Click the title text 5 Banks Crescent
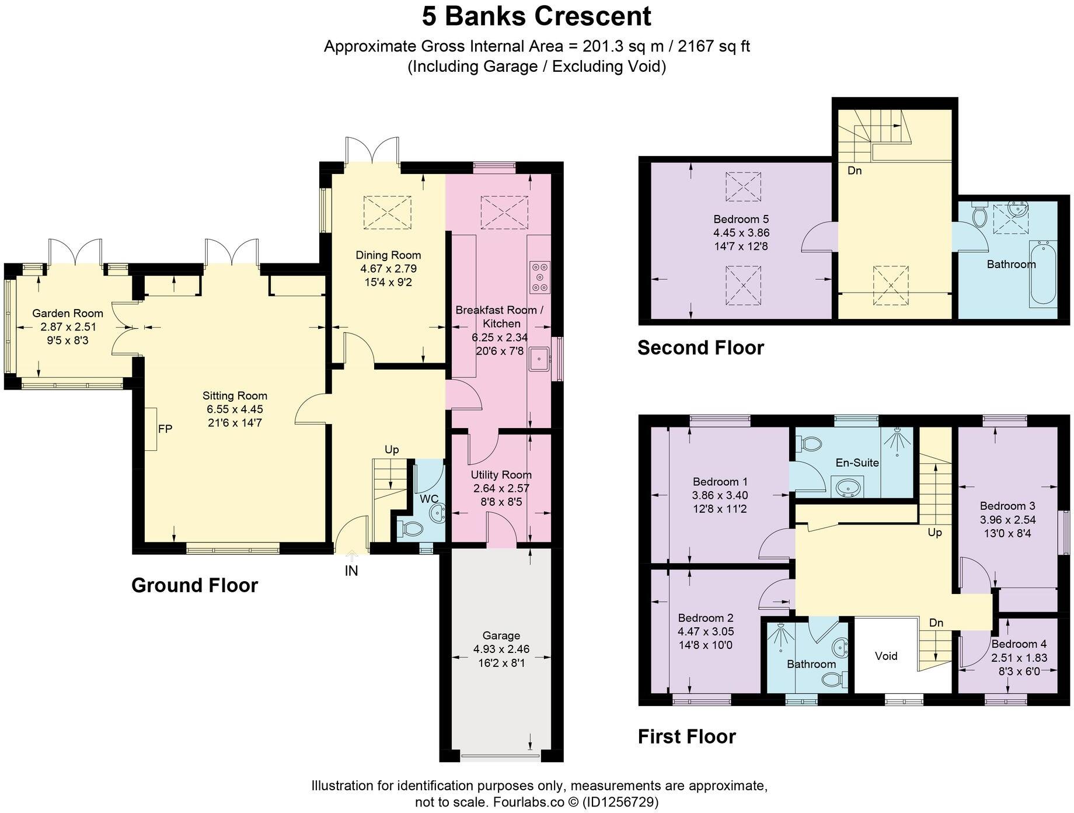536,16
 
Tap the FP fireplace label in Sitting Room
165,429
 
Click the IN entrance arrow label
351,571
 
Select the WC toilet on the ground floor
410,529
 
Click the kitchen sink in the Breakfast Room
539,358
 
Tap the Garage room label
501,635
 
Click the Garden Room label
68,314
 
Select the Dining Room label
388,255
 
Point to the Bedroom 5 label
741,220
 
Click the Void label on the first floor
886,656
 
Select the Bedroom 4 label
1019,644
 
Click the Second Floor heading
700,348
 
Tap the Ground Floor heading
194,585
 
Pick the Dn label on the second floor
855,171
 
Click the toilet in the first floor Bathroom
834,679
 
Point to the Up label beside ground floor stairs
392,450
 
